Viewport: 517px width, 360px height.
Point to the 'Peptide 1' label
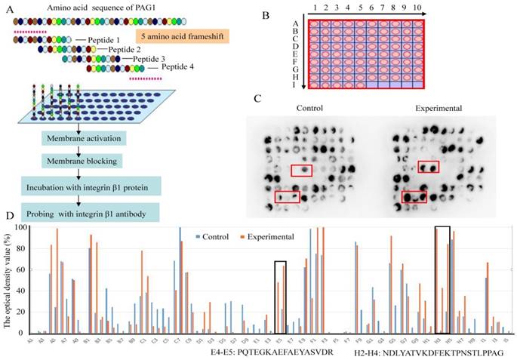point(94,38)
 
